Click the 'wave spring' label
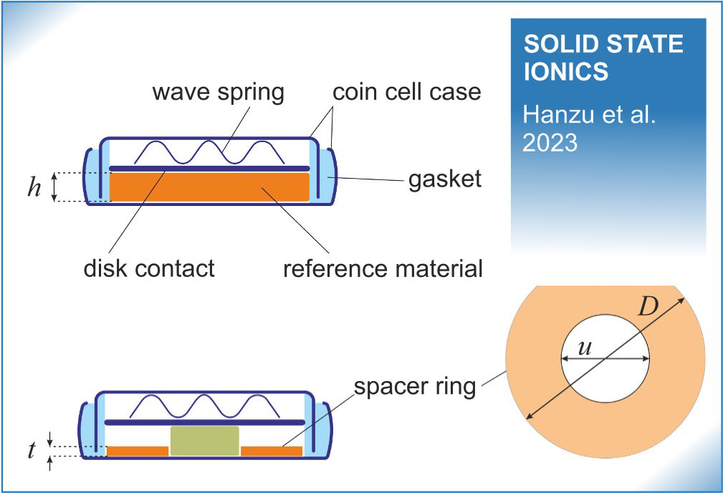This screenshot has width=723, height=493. click(x=217, y=93)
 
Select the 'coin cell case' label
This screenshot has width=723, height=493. click(x=406, y=93)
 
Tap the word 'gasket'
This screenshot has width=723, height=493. click(x=444, y=179)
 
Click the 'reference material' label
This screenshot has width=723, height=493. click(x=383, y=268)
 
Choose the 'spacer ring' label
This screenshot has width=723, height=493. click(x=414, y=387)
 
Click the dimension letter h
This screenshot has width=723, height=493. click(x=34, y=189)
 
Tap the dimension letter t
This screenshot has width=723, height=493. click(x=32, y=451)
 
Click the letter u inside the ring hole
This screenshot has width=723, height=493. click(x=585, y=347)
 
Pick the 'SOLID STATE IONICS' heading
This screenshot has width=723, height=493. click(x=603, y=58)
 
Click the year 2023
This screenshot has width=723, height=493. click(x=550, y=142)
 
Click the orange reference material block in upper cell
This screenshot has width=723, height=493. click(x=209, y=187)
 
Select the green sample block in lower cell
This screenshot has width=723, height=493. click(x=204, y=440)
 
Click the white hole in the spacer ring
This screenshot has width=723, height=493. click(x=605, y=373)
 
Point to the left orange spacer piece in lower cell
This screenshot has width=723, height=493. click(x=137, y=451)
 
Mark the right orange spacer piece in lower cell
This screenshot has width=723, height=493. click(x=271, y=451)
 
